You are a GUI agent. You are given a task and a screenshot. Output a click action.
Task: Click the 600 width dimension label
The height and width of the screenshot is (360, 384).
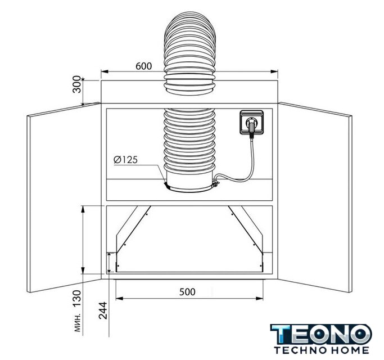coord(143,66)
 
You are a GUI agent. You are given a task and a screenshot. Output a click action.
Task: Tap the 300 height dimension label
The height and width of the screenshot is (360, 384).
coord(77,84)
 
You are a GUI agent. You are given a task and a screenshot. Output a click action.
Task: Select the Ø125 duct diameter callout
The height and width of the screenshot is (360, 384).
coord(125,160)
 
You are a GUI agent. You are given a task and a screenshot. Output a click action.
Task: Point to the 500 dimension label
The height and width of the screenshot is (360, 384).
coord(187,292)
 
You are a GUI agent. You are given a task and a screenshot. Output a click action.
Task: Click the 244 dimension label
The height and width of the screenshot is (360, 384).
coord(103,310)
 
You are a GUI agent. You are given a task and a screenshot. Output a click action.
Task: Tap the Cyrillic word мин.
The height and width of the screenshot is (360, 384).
coord(78,322)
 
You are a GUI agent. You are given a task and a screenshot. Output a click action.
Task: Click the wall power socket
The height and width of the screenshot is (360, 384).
coord(252,122)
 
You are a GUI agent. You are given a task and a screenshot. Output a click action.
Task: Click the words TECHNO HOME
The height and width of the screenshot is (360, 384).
coord(322,350)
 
